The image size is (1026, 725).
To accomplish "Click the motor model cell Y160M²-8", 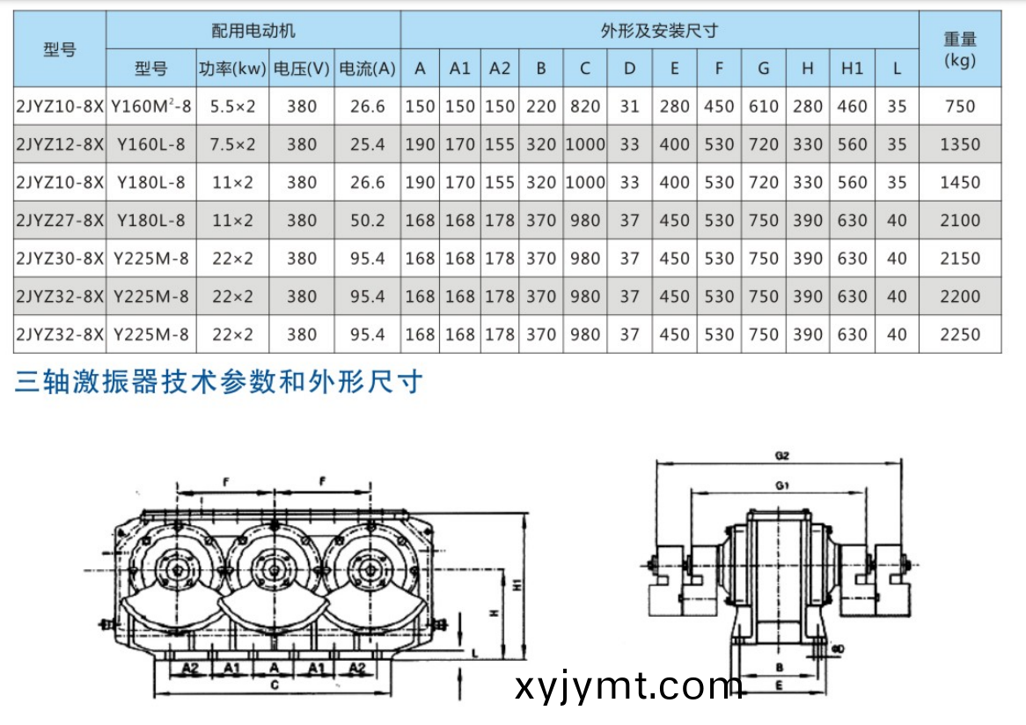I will coord(150,106).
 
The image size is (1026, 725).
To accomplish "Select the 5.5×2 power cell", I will coord(226,106).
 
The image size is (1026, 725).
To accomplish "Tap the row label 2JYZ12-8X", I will coord(60,144).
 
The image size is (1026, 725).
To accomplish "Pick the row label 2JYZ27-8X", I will coord(60,220).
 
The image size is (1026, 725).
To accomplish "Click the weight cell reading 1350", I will coord(959,144).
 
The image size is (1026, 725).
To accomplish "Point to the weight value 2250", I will coord(959,334).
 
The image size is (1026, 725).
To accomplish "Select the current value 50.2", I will coord(368,220).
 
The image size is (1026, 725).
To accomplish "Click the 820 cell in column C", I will coord(584,106).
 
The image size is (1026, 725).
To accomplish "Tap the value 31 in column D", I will coord(629,106).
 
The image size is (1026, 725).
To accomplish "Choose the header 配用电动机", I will coord(253,31).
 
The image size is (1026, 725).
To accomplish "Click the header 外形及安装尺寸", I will coord(659,31).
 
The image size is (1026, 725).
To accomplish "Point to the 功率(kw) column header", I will coord(231,69).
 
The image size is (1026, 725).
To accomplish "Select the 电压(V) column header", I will coord(302,69).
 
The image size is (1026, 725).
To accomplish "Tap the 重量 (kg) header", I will coord(959,49).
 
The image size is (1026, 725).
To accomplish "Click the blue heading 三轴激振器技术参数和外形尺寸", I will coord(219,383).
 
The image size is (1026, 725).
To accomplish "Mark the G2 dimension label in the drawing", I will coord(781,456).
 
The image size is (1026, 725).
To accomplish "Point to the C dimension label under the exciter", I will coord(275,683).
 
